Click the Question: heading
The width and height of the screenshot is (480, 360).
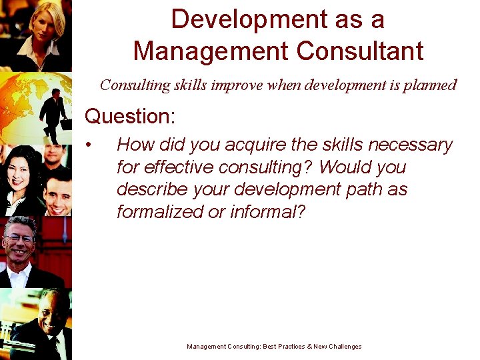(x=130, y=117)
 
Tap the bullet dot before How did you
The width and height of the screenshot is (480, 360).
(x=88, y=145)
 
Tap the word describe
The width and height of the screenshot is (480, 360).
(x=155, y=189)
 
